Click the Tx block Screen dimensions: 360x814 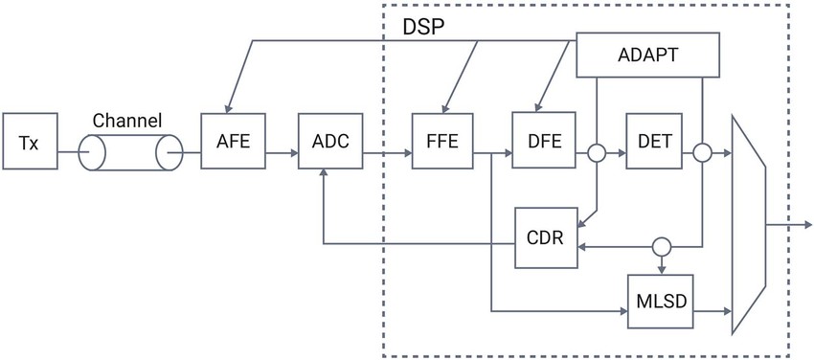pyautogui.click(x=29, y=144)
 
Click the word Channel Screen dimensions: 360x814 pyautogui.click(x=126, y=121)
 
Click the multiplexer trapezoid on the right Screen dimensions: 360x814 pyautogui.click(x=749, y=225)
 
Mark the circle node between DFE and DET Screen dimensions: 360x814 pyautogui.click(x=596, y=151)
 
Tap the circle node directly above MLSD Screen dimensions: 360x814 pyautogui.click(x=660, y=245)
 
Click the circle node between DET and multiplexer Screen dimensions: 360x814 pyautogui.click(x=704, y=151)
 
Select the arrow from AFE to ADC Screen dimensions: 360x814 pyautogui.click(x=280, y=151)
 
